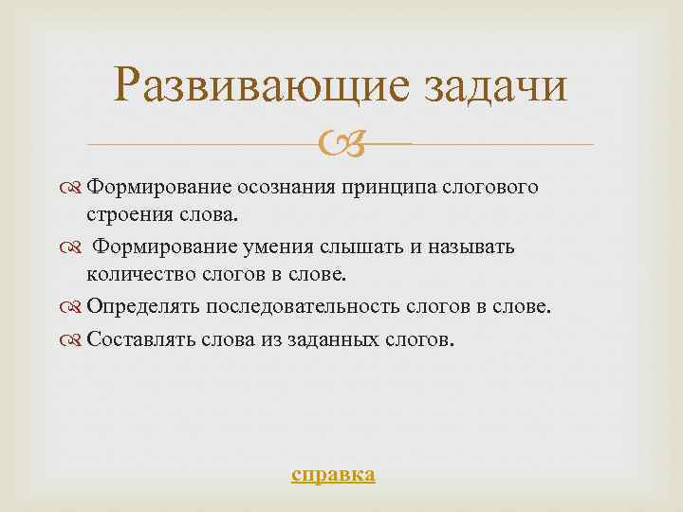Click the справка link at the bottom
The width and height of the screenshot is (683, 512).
point(333,474)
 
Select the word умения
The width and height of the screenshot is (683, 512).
point(278,247)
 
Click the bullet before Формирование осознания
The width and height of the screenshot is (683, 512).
point(75,187)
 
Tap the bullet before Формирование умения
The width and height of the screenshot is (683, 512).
point(75,247)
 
